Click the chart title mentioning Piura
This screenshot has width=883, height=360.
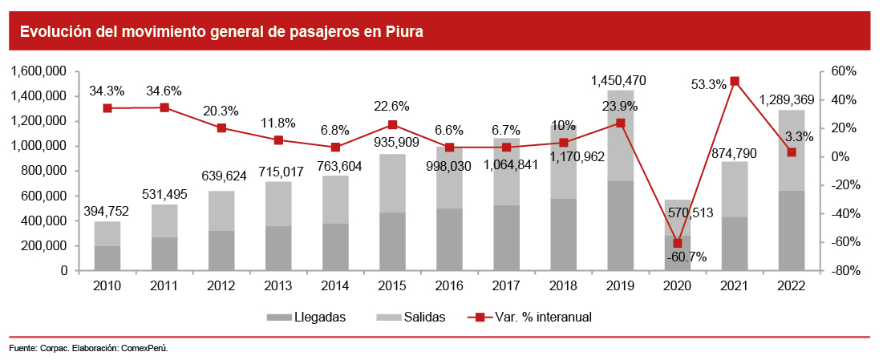click(x=221, y=31)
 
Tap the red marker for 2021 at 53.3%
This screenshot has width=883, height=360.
click(x=735, y=81)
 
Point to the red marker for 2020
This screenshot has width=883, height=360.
click(x=678, y=243)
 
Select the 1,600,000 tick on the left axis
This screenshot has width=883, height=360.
click(x=38, y=71)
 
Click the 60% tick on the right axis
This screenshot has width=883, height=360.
click(x=844, y=71)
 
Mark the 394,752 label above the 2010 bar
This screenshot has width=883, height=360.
click(x=107, y=212)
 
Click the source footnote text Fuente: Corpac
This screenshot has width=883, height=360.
click(x=88, y=349)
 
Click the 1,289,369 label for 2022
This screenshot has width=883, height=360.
click(x=792, y=100)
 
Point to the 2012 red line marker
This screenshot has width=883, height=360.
click(x=221, y=128)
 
